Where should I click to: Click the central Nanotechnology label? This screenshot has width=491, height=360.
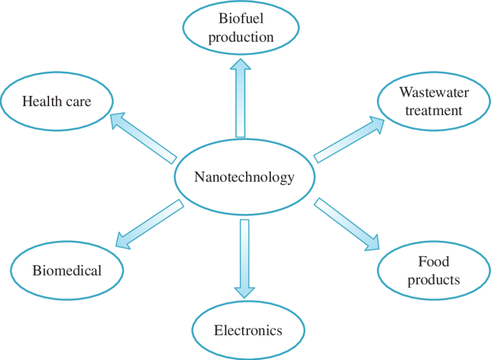pos(244,177)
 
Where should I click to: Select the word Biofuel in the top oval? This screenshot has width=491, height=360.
pos(241,18)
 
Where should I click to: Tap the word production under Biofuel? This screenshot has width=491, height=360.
pos(241,38)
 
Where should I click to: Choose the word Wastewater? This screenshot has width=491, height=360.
pos(434,92)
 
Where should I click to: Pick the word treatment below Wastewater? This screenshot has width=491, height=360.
pos(434,110)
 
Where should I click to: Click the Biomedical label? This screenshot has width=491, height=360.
pos(67,270)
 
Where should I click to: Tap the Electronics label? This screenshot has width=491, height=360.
pos(248,331)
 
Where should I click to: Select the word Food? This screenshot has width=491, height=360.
pos(434,262)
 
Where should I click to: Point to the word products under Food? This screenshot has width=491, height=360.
pos(434,280)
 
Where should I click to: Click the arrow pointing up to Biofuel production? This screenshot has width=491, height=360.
pos(240,98)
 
